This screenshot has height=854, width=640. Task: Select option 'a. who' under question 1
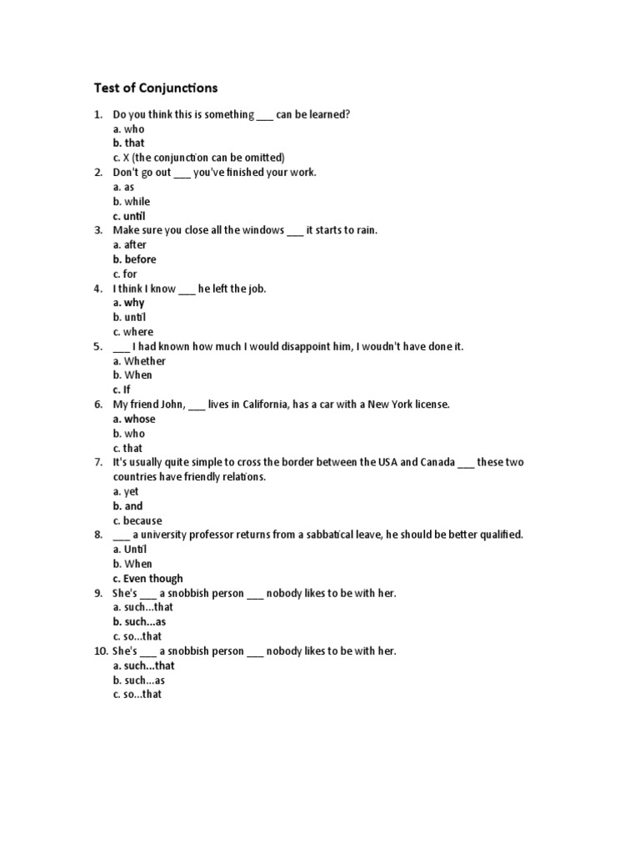128,128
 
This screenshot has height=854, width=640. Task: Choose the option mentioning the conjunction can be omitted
198,158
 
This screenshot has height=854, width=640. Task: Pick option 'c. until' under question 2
129,216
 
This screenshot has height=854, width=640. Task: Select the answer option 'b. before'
134,259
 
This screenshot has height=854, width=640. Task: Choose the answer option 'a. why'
128,303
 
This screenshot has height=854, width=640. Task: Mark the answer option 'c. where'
133,332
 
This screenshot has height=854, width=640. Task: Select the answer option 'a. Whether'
139,361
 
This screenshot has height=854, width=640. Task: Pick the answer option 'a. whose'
133,419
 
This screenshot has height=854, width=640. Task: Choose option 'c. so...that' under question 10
137,694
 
